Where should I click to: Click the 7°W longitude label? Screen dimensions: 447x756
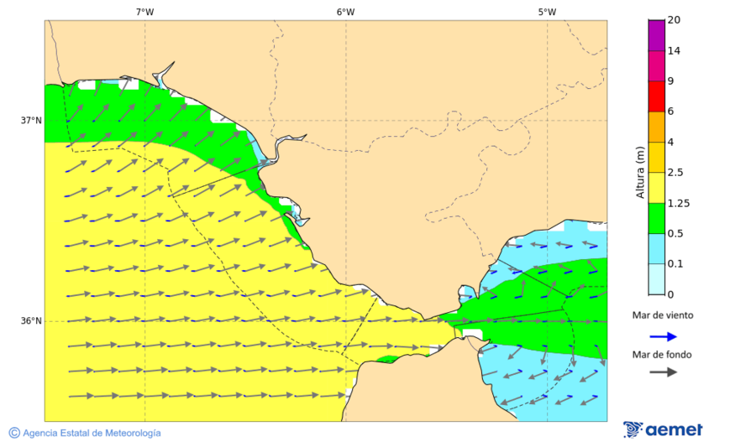(144, 12)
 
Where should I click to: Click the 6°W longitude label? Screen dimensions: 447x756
(345, 12)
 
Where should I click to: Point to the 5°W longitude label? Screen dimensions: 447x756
(547, 12)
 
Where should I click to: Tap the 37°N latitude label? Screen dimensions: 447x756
(31, 121)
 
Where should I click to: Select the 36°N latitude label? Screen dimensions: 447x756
(31, 321)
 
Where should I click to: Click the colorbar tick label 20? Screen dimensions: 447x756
(674, 20)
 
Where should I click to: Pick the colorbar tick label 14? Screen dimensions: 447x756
(674, 50)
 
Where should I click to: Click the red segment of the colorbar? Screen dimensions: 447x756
(656, 96)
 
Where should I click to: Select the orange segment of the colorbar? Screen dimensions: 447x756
(656, 127)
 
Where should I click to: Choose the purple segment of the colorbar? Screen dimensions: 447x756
(656, 35)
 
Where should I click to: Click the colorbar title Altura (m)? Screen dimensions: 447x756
(640, 172)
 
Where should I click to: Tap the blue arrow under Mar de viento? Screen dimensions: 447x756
(663, 336)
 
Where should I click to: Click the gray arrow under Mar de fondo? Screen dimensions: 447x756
(663, 372)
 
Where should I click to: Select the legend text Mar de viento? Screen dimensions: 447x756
(663, 315)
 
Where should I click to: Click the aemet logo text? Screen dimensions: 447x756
(674, 429)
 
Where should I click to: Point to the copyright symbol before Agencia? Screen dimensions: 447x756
(14, 433)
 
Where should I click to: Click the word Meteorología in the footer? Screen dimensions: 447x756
(129, 433)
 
